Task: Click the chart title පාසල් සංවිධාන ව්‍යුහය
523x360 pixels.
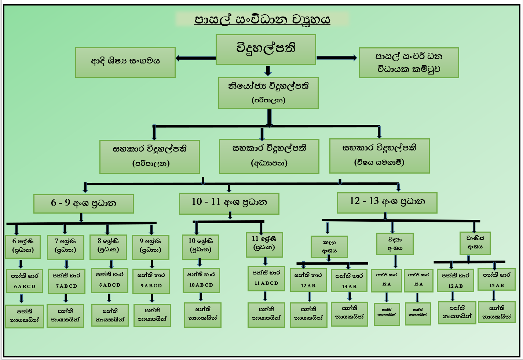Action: click(x=262, y=19)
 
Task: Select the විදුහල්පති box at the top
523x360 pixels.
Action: click(x=266, y=49)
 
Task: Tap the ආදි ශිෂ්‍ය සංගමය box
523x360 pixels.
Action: click(x=125, y=62)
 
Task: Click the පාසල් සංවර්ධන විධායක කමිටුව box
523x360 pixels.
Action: click(x=409, y=62)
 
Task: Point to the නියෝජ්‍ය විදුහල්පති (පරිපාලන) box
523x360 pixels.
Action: click(x=268, y=92)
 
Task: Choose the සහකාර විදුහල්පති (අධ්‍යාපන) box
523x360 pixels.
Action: click(x=269, y=156)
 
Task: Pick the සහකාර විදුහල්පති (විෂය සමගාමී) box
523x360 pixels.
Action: click(x=379, y=156)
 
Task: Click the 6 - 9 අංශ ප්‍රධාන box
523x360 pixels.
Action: click(x=83, y=204)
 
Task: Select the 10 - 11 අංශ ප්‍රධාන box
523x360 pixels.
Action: click(x=229, y=203)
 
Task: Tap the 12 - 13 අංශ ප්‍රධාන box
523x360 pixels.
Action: click(x=387, y=202)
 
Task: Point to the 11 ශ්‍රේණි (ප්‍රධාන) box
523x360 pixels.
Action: click(x=264, y=244)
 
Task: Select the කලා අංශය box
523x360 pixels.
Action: click(x=329, y=247)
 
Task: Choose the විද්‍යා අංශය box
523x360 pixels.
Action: click(x=395, y=244)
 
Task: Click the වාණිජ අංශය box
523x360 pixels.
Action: click(x=475, y=243)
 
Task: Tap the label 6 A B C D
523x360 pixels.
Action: click(x=25, y=286)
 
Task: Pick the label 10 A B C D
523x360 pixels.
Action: click(x=201, y=285)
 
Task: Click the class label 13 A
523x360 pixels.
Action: click(x=418, y=284)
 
